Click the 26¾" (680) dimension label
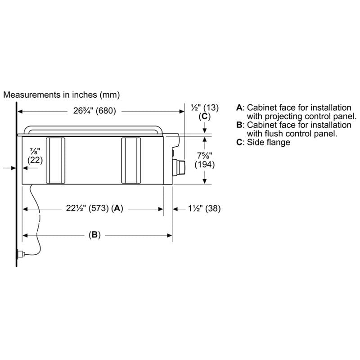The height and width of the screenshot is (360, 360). [x=94, y=111]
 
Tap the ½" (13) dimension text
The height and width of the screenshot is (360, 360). [x=205, y=108]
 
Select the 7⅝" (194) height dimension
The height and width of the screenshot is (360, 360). [x=205, y=160]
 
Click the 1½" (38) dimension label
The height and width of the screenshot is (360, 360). [x=204, y=208]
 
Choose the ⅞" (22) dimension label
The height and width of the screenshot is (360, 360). [x=35, y=156]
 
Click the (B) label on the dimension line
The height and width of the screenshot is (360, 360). [x=94, y=235]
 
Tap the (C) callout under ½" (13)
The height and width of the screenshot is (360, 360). [x=205, y=117]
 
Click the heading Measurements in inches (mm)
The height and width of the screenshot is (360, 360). [x=62, y=95]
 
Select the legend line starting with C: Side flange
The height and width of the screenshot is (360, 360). [x=263, y=142]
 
